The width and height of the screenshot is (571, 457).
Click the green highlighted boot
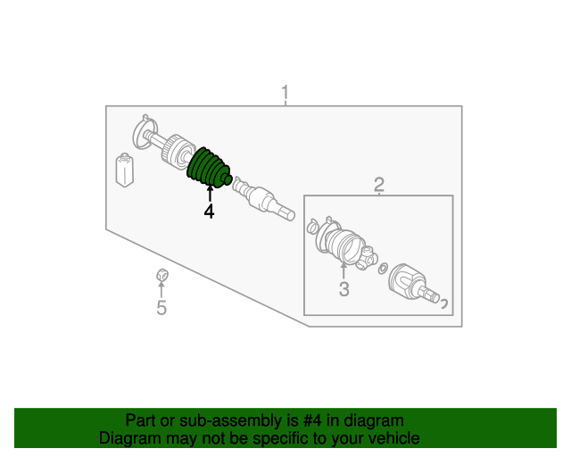(x=209, y=169)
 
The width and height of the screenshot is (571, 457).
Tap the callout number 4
(x=209, y=212)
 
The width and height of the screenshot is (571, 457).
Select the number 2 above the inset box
(x=378, y=185)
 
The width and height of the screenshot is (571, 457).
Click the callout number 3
(x=343, y=288)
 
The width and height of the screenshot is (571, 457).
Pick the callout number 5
(x=161, y=307)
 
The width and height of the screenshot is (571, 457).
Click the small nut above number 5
(x=162, y=274)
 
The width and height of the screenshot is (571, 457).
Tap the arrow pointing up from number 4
(x=210, y=194)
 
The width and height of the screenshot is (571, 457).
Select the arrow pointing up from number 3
(x=343, y=270)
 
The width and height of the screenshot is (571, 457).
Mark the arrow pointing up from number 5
(x=161, y=289)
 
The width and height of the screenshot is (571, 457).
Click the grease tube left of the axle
(x=125, y=170)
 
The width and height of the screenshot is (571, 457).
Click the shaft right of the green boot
(x=263, y=198)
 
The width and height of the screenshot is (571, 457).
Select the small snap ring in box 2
(x=383, y=269)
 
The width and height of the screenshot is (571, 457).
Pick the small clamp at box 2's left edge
(x=312, y=227)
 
